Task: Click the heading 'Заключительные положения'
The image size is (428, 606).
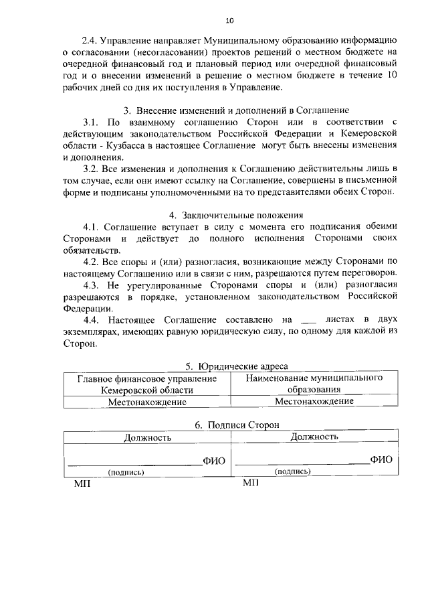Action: pos(241,216)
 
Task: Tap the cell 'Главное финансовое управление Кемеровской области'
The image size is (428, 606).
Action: pos(146,384)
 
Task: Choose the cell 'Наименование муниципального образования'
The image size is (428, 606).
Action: pos(314,384)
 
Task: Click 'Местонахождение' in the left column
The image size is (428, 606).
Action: pos(146,402)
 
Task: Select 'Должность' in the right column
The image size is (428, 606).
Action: pos(314,437)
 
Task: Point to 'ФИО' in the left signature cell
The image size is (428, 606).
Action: pos(214,461)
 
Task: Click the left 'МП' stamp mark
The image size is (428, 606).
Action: pos(81,483)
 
